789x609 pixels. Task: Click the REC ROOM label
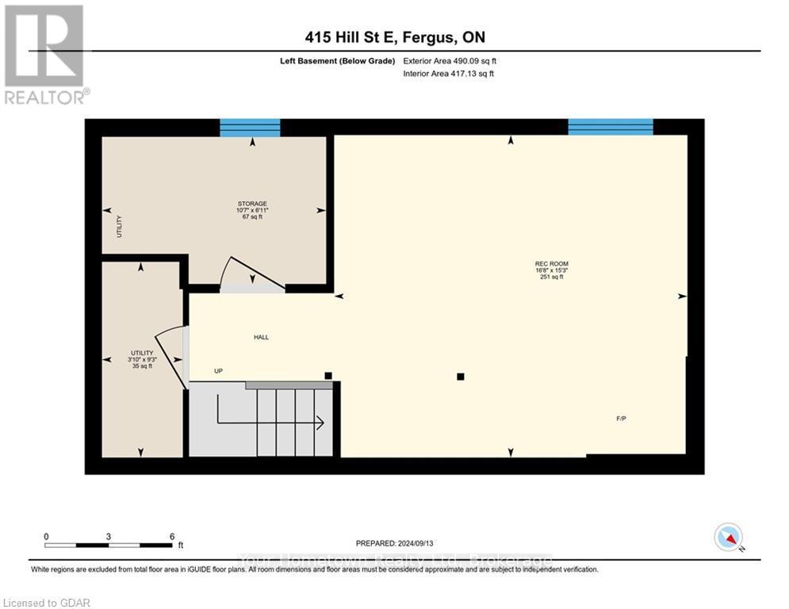pyautogui.click(x=551, y=264)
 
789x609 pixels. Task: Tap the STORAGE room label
pyautogui.click(x=252, y=204)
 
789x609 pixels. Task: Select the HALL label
pyautogui.click(x=261, y=338)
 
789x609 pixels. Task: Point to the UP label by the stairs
pyautogui.click(x=218, y=371)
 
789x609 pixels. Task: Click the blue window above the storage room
pyautogui.click(x=250, y=128)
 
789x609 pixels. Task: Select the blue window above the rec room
pyautogui.click(x=610, y=127)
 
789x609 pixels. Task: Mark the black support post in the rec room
pyautogui.click(x=460, y=377)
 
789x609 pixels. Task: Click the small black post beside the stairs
pyautogui.click(x=328, y=375)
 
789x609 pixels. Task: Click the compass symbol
pyautogui.click(x=728, y=537)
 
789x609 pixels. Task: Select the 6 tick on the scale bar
pyautogui.click(x=171, y=537)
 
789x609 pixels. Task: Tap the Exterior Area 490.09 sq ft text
pyautogui.click(x=450, y=61)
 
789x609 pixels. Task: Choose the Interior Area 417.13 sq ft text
pyautogui.click(x=449, y=74)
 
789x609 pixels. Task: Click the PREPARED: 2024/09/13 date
pyautogui.click(x=394, y=543)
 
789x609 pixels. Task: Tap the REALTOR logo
pyautogui.click(x=44, y=53)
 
